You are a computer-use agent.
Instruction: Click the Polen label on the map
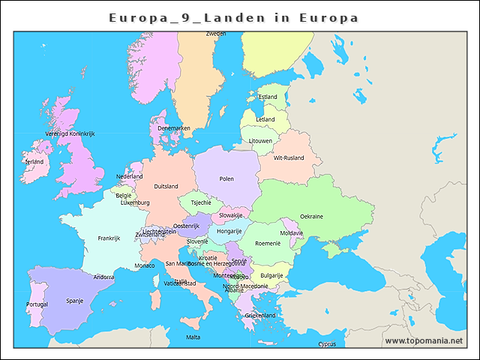click(x=226, y=179)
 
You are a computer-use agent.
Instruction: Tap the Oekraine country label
click(x=311, y=217)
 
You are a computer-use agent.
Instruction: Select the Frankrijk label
click(x=109, y=238)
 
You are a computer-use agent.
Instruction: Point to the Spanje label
click(x=75, y=301)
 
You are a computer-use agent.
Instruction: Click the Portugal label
click(x=37, y=304)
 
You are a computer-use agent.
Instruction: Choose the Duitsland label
click(x=166, y=186)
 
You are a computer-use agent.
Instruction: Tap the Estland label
click(x=268, y=97)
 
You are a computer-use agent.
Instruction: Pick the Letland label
click(x=265, y=119)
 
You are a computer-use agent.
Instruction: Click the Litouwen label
click(x=261, y=140)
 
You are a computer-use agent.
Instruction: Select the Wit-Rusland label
click(x=289, y=158)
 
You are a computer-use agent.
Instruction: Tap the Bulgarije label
click(x=271, y=275)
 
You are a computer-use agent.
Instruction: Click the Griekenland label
click(x=260, y=316)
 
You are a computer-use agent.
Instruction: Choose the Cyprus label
click(x=327, y=344)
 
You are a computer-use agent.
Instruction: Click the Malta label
click(x=193, y=337)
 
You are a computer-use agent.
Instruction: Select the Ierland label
click(x=34, y=161)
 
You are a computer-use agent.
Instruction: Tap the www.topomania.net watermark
click(x=424, y=340)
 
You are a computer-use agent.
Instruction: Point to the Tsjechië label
click(x=201, y=202)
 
